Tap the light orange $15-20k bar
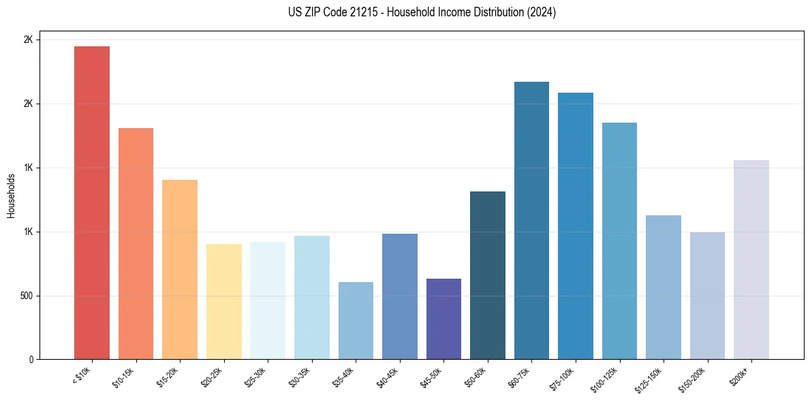[180, 269]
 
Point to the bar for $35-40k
[356, 320]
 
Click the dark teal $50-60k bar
[488, 275]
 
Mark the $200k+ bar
[751, 260]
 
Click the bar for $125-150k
[664, 287]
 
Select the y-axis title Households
[12, 196]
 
